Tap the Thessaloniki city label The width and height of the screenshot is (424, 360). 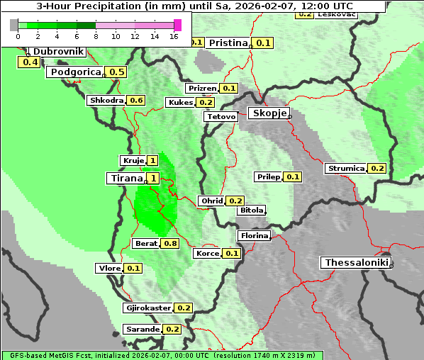357,263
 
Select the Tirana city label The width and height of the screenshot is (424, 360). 125,178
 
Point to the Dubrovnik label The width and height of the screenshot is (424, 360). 58,52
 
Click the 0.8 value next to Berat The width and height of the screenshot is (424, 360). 170,243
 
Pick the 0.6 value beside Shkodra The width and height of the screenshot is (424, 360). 136,101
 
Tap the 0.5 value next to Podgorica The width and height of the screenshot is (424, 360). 117,72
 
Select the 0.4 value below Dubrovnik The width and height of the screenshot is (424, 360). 30,62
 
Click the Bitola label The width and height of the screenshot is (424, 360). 251,210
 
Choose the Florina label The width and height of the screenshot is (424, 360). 254,235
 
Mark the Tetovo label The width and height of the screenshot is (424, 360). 221,116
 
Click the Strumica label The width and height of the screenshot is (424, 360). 345,169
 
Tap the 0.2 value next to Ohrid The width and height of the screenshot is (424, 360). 235,201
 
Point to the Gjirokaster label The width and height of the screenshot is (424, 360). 147,308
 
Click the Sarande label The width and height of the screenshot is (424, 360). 142,330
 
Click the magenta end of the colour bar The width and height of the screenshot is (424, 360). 177,25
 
